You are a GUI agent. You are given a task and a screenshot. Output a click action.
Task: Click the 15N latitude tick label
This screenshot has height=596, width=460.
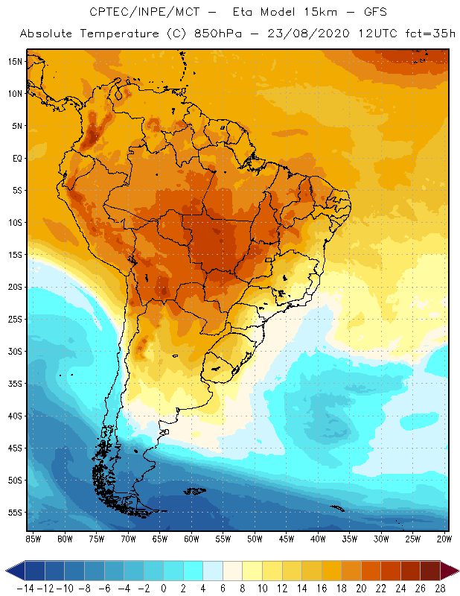pos(15,61)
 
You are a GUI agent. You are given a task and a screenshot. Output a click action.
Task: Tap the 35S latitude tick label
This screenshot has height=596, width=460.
pos(15,384)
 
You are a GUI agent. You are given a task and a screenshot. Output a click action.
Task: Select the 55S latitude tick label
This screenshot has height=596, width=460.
pos(15,513)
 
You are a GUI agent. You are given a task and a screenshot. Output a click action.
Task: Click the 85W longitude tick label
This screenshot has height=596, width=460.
pos(33,538)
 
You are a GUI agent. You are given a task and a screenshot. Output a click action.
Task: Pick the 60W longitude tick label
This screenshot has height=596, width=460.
pos(191,538)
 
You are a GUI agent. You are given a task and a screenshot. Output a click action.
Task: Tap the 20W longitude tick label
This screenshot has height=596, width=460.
pos(444,538)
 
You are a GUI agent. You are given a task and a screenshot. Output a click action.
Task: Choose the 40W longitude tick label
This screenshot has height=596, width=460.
pos(318,538)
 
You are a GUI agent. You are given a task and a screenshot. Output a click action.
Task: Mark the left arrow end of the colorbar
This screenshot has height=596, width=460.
pos(14,571)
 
